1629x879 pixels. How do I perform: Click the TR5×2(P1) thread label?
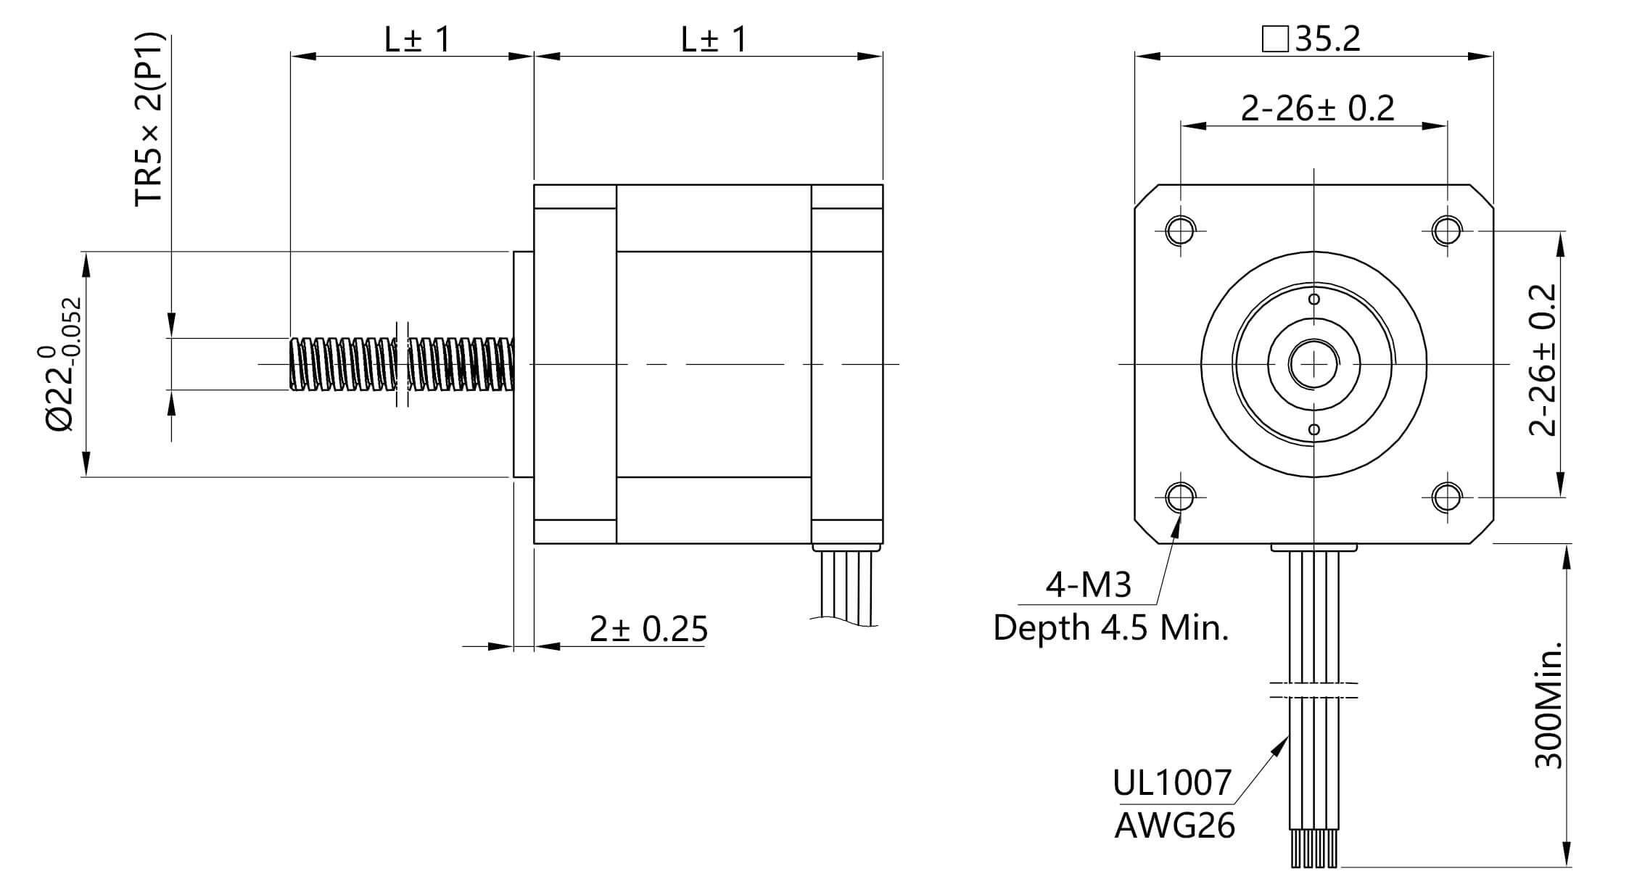click(150, 120)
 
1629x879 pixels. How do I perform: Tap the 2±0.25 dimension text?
click(648, 629)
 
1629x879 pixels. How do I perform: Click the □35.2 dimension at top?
click(1311, 38)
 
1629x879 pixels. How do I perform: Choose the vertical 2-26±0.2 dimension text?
click(1543, 360)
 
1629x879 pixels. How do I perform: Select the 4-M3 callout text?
click(1088, 585)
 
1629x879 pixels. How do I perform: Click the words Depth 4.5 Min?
click(1110, 627)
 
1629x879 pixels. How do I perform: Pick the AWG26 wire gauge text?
click(1174, 825)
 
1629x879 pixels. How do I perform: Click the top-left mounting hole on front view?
click(1180, 231)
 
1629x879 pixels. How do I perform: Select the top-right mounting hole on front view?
click(1447, 231)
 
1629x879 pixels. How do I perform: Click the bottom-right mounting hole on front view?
click(1447, 497)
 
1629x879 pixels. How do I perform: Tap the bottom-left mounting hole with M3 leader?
click(1180, 497)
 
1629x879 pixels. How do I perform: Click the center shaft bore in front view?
click(1313, 364)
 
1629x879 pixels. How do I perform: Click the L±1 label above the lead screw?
click(417, 39)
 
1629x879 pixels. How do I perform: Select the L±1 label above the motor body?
click(714, 39)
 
